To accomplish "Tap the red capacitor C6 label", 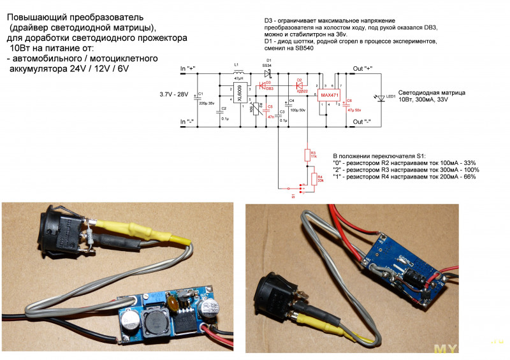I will coord(349,102).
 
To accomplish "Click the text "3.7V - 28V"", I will coord(174,94).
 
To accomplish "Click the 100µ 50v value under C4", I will coord(298,110).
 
